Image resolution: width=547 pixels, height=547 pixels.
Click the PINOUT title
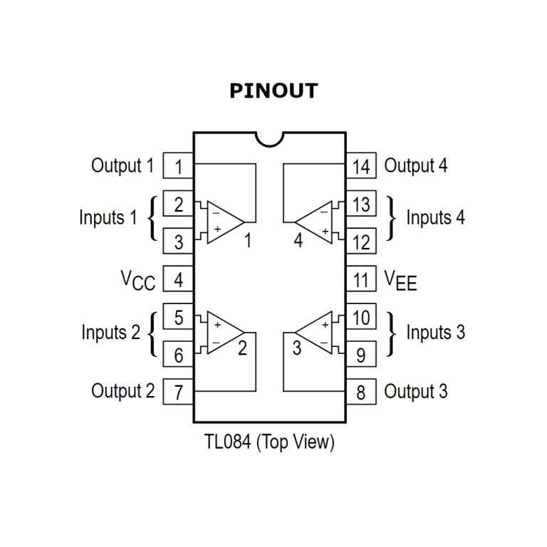[x=273, y=92]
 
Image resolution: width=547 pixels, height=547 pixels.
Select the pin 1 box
[x=178, y=167]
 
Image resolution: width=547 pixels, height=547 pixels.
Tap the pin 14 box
[x=361, y=167]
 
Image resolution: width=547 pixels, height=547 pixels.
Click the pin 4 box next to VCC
[x=178, y=279]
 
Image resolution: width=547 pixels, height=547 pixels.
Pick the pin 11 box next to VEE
[x=361, y=279]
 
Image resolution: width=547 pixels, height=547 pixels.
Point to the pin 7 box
[x=178, y=392]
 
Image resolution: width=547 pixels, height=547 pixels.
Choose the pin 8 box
[x=361, y=392]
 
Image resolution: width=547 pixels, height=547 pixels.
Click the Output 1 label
[x=122, y=166]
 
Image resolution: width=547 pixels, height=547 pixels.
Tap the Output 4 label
[x=416, y=166]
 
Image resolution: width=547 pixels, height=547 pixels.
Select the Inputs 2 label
[x=110, y=333]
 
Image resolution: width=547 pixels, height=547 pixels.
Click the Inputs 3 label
[x=435, y=333]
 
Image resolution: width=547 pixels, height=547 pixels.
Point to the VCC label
[x=137, y=280]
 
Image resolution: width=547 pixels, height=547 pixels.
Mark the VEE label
[x=400, y=280]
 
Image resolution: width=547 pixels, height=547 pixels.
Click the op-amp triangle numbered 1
[x=224, y=219]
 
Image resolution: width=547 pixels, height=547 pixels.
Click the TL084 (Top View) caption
[x=269, y=442]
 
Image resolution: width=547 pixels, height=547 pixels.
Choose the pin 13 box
[x=361, y=205]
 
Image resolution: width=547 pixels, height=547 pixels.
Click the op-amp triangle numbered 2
[x=224, y=333]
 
